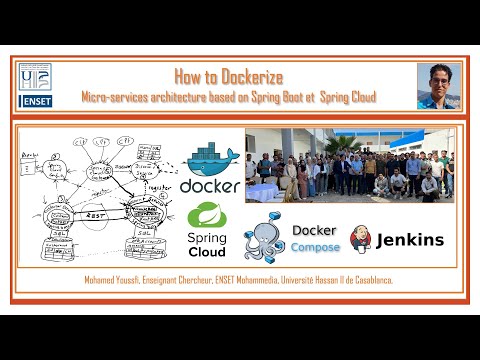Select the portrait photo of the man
tap(438, 86)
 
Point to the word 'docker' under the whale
tap(211, 186)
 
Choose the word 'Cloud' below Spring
tap(207, 252)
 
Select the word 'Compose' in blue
tap(316, 247)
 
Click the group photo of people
tap(349, 165)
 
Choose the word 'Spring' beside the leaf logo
tap(207, 238)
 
